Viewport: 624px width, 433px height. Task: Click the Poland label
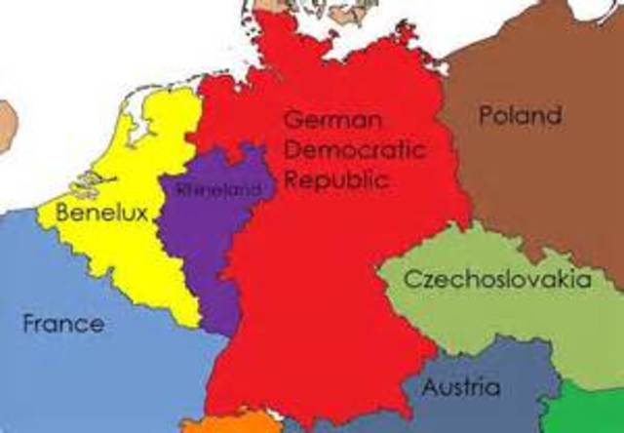click(x=520, y=116)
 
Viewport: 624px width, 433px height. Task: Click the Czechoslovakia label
click(x=497, y=281)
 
